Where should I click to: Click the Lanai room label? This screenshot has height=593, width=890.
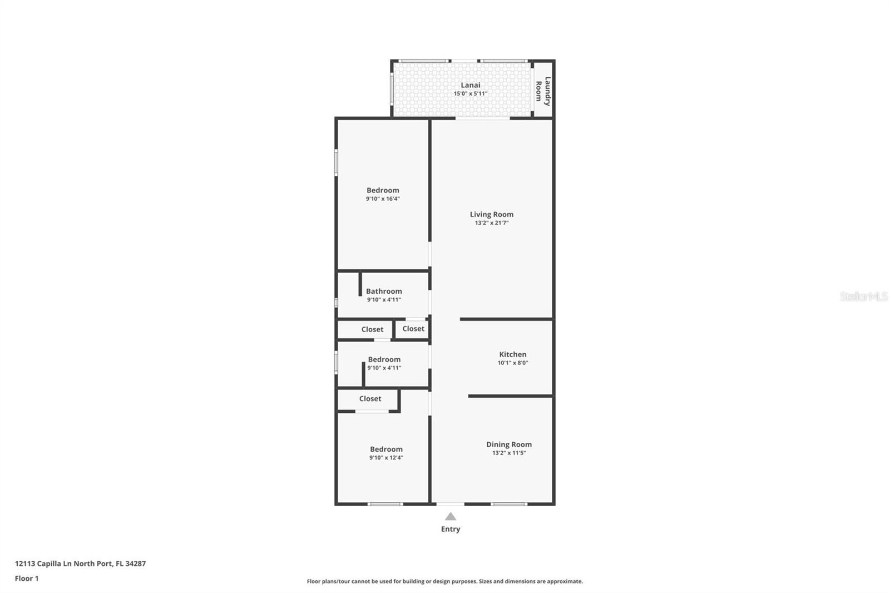tap(470, 85)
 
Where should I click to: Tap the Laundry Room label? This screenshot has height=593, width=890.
tap(543, 91)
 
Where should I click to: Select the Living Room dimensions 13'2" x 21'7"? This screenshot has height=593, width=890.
tap(491, 223)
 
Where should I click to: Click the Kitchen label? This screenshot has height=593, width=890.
tap(512, 354)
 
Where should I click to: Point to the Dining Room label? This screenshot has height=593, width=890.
tap(508, 444)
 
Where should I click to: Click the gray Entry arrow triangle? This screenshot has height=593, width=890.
tap(451, 517)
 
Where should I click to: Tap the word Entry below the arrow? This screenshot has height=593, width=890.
tap(451, 529)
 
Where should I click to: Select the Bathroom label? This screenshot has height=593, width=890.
tap(384, 291)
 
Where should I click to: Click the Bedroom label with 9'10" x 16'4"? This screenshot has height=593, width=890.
tap(383, 190)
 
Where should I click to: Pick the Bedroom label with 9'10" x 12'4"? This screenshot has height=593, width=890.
tap(386, 449)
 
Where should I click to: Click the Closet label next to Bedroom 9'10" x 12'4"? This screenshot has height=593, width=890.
tap(370, 399)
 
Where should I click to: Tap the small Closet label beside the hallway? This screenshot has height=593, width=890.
tap(413, 329)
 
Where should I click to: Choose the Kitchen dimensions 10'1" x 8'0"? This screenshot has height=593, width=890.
tap(512, 363)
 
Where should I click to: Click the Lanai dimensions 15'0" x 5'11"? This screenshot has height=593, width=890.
tap(470, 93)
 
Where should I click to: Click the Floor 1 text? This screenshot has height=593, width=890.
tap(27, 579)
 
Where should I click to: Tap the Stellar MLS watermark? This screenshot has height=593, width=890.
tap(863, 296)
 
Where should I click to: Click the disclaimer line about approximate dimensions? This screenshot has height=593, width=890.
tap(444, 581)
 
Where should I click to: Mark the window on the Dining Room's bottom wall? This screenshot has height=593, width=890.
tap(508, 504)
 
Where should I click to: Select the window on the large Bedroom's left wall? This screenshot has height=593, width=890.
tap(336, 162)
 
